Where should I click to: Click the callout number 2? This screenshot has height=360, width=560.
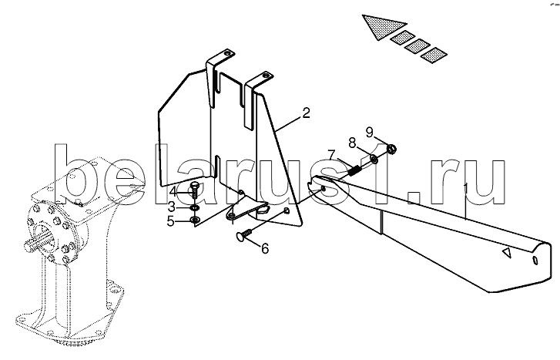pyautogui.click(x=306, y=113)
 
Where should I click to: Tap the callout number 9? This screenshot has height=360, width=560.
pyautogui.click(x=369, y=132)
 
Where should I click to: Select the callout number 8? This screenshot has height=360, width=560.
pyautogui.click(x=352, y=143)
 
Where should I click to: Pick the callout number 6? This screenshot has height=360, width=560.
pyautogui.click(x=265, y=248)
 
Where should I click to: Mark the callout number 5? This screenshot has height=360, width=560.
pyautogui.click(x=171, y=222)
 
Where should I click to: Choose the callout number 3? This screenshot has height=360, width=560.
pyautogui.click(x=172, y=207)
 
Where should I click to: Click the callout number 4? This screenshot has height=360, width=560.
pyautogui.click(x=173, y=192)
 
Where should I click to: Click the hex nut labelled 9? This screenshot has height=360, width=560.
pyautogui.click(x=391, y=148)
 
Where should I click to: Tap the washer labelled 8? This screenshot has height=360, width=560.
pyautogui.click(x=374, y=159)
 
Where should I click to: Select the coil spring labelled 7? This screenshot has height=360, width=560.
pyautogui.click(x=354, y=170)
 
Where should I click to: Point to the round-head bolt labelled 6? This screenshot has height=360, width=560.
pyautogui.click(x=245, y=235)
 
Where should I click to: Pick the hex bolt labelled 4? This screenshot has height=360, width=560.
pyautogui.click(x=196, y=191)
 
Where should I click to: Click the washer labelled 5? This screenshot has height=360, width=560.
pyautogui.click(x=195, y=220)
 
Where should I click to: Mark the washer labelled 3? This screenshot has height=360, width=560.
pyautogui.click(x=195, y=207)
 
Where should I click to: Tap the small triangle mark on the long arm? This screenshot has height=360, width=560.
pyautogui.click(x=507, y=252)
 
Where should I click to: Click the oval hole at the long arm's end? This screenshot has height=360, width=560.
pyautogui.click(x=535, y=260)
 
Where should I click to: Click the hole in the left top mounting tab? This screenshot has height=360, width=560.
pyautogui.click(x=226, y=54)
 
